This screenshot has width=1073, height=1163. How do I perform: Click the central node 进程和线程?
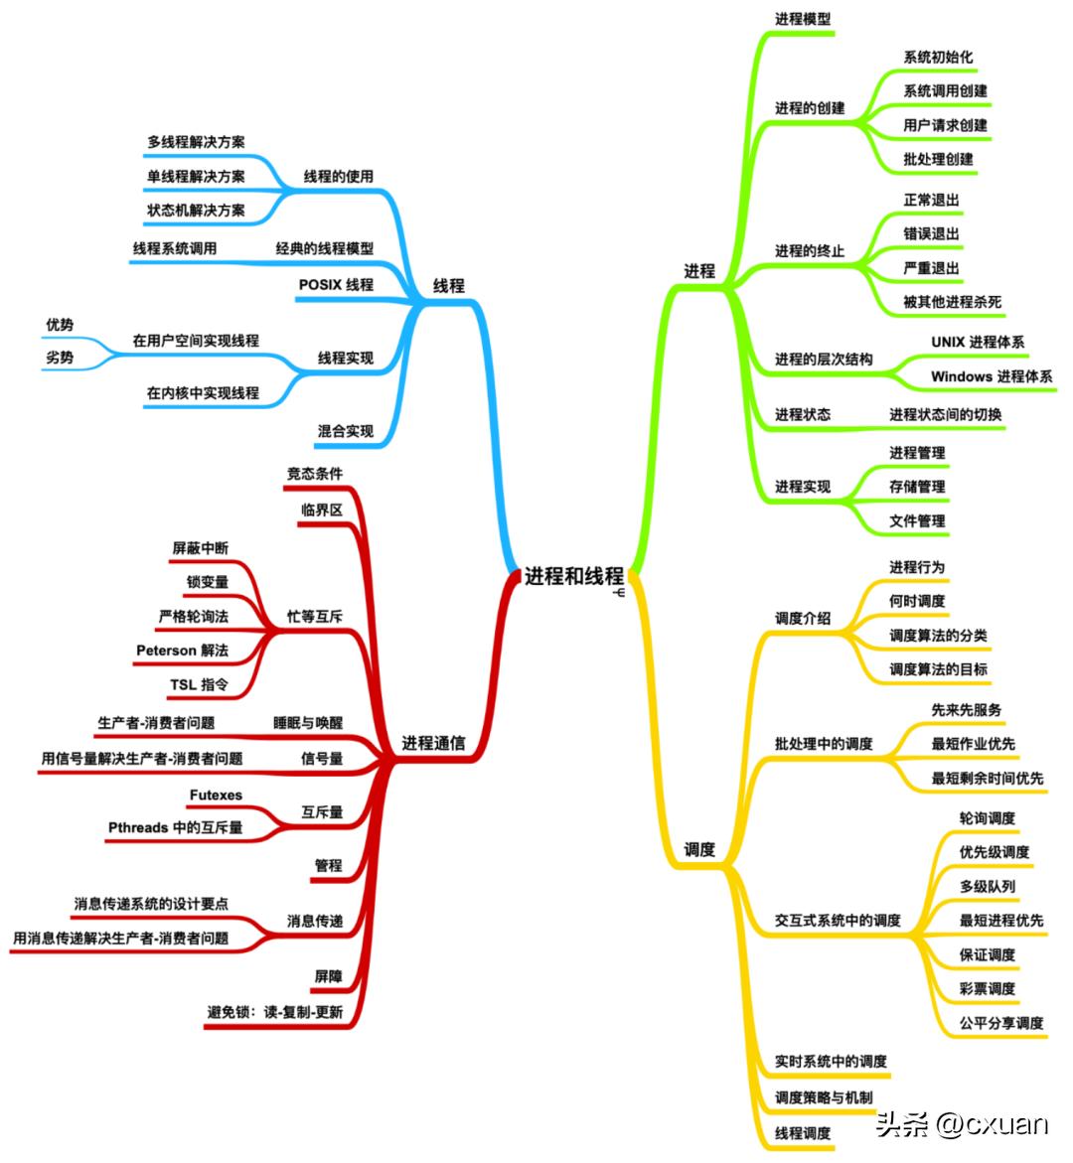(573, 576)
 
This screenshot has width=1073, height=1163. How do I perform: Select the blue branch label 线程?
(448, 286)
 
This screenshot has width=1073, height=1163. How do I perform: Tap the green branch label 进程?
(699, 270)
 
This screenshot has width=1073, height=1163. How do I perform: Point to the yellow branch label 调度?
(699, 850)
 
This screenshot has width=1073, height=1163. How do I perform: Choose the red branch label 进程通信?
(433, 743)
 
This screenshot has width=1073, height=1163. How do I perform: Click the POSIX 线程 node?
(336, 285)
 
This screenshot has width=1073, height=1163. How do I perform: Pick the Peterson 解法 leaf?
(182, 651)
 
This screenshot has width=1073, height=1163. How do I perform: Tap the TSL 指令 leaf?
(199, 684)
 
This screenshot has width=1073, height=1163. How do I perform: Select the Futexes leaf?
(216, 795)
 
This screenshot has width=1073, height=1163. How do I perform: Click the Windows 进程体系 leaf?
(991, 376)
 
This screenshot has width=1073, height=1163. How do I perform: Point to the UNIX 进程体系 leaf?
(978, 342)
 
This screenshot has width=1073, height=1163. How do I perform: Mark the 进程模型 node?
(803, 19)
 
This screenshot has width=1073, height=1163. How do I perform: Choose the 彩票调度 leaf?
(987, 988)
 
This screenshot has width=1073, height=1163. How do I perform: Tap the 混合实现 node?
(346, 431)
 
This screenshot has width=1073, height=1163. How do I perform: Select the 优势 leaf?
(60, 325)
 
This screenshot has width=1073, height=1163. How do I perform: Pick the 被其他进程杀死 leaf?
(952, 302)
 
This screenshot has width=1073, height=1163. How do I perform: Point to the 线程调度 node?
(803, 1132)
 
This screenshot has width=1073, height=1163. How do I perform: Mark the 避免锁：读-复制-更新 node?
(275, 1012)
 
